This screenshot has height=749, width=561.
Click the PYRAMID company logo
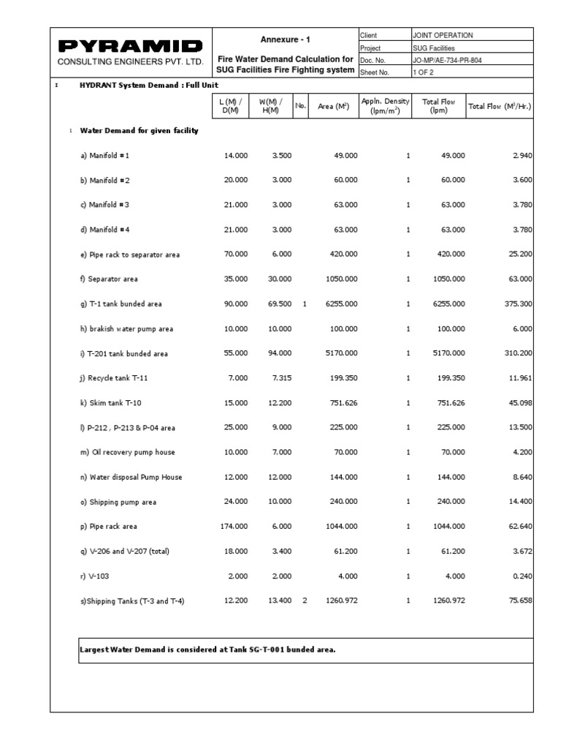(130, 46)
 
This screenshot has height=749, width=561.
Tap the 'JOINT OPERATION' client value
(443, 35)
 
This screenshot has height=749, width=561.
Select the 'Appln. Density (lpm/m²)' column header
(386, 106)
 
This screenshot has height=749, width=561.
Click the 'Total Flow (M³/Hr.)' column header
(500, 106)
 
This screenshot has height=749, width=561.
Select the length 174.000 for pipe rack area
(234, 527)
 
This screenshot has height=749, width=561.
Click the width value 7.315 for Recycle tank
(280, 378)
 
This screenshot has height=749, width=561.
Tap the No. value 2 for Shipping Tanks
(305, 601)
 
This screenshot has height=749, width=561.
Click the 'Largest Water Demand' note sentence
(207, 650)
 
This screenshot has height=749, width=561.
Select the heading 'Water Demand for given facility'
(139, 131)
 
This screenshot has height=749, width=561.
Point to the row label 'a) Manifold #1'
(104, 156)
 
